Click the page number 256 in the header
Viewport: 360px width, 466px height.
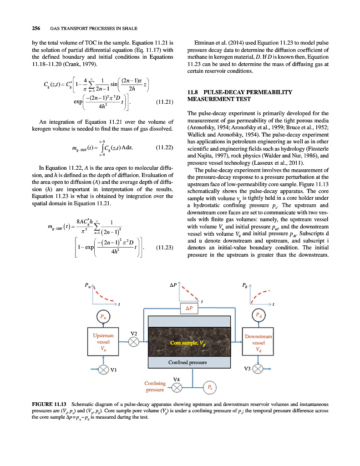pos(36,28)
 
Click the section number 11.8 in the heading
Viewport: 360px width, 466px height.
pos(195,92)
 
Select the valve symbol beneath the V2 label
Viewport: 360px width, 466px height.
pos(133,342)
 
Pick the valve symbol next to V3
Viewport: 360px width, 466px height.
pos(258,369)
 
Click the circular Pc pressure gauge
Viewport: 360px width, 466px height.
pos(209,387)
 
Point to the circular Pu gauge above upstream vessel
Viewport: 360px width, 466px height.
pos(103,316)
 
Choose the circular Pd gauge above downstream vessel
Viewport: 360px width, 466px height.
pos(258,315)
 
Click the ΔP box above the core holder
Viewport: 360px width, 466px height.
pos(189,308)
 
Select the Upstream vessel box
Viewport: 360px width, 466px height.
pos(103,342)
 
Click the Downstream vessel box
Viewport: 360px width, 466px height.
pos(258,342)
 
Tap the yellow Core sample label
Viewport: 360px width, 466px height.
pos(187,342)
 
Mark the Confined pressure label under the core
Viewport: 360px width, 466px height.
pos(188,362)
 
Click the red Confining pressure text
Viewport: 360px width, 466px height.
pos(155,386)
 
